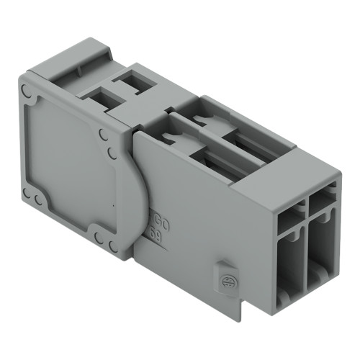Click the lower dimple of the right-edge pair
[111, 153]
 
